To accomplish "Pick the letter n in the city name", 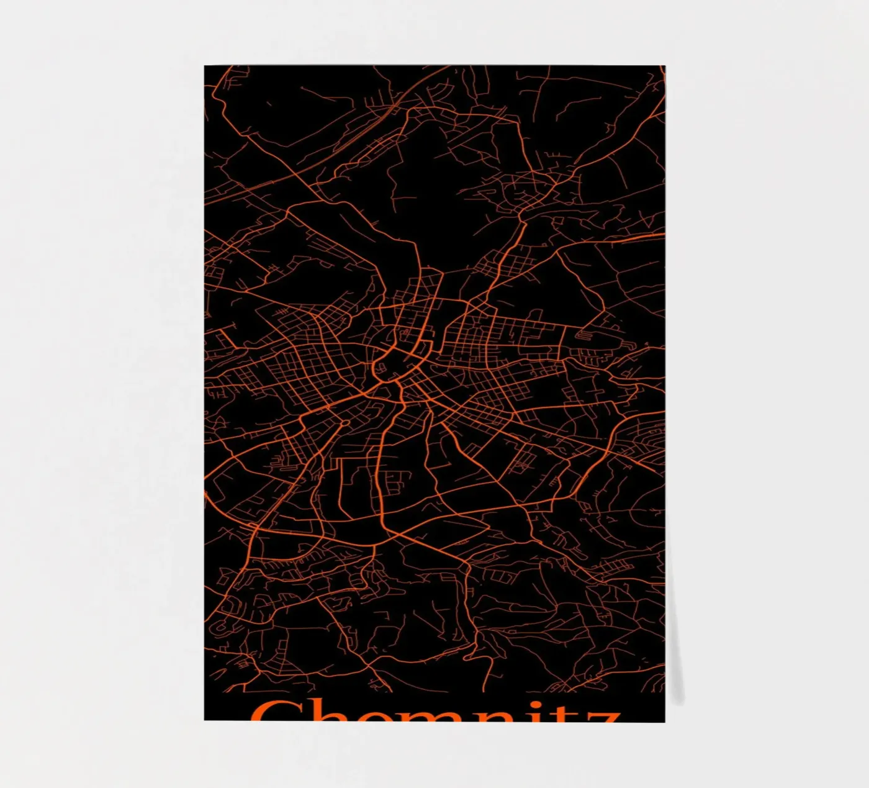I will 495,715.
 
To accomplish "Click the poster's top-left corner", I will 205,66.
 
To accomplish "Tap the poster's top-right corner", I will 664,66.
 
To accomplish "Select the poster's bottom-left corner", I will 205,720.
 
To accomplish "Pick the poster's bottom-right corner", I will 664,722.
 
